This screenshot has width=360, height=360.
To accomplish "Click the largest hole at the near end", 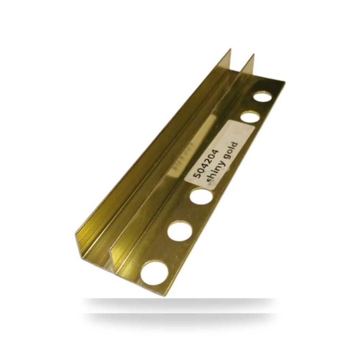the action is pyautogui.click(x=154, y=274).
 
